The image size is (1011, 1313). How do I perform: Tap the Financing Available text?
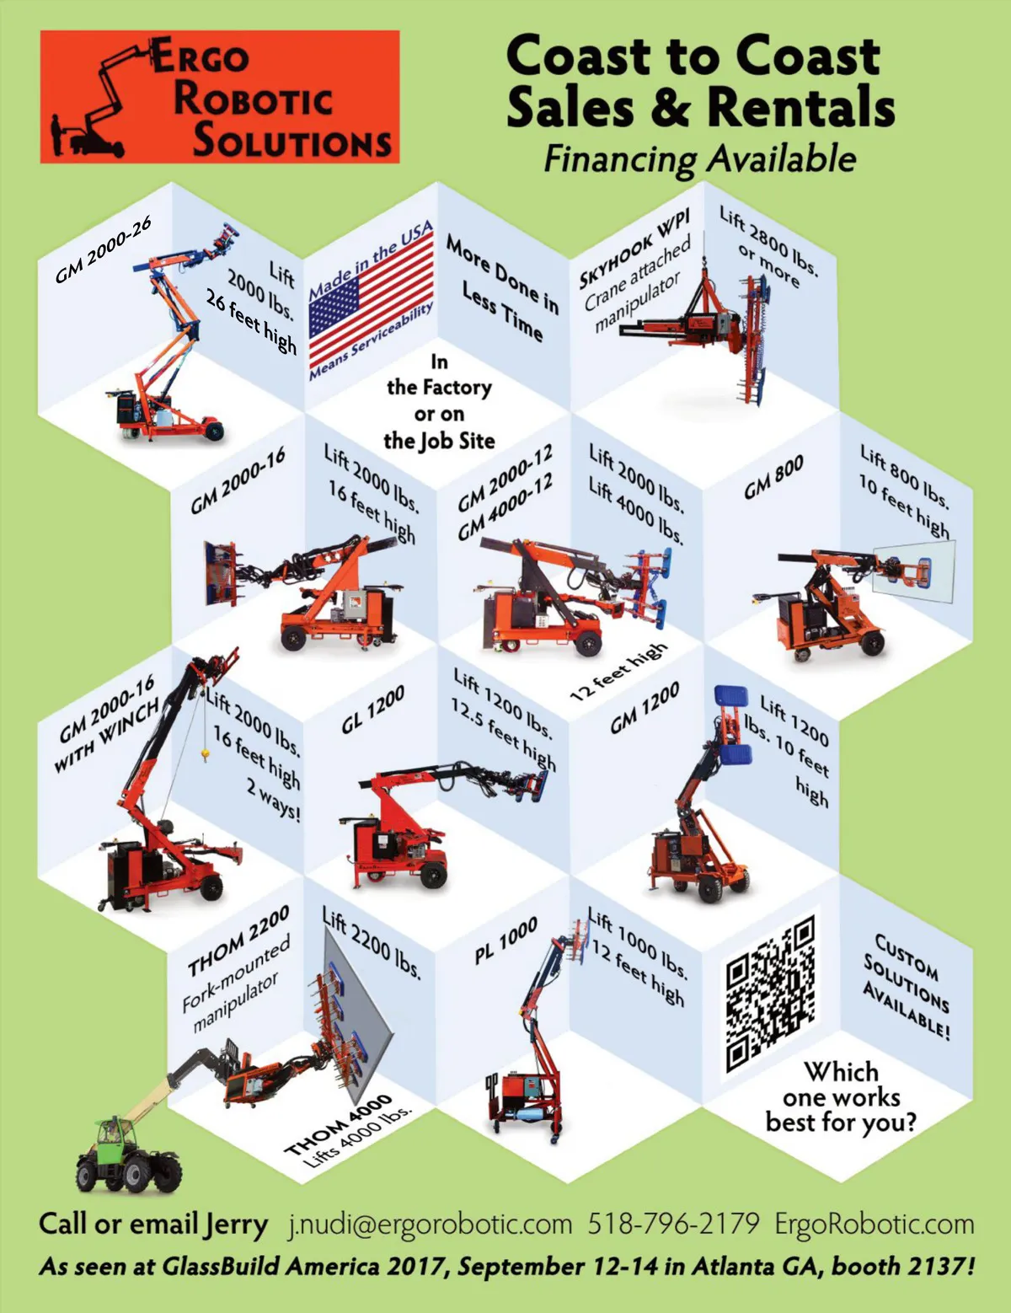click(699, 159)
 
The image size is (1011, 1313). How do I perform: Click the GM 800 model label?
click(773, 477)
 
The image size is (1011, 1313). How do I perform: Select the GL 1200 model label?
click(372, 710)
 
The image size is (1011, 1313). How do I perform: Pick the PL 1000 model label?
click(505, 941)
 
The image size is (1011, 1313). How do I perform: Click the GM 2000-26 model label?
click(103, 249)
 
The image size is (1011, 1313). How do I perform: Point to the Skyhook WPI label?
click(634, 249)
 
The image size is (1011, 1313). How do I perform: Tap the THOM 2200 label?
click(238, 941)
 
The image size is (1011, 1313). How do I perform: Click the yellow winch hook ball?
click(205, 753)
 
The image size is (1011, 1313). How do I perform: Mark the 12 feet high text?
click(619, 672)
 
